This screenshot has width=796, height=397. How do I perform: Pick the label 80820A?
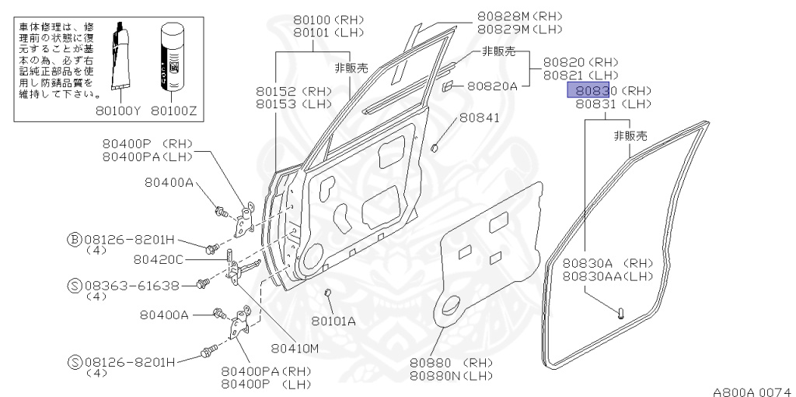491,86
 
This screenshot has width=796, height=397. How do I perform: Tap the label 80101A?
333,320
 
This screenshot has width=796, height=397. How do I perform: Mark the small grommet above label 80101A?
328,292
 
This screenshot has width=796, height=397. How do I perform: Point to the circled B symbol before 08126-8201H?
73,239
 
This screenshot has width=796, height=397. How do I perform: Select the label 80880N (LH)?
452,376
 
